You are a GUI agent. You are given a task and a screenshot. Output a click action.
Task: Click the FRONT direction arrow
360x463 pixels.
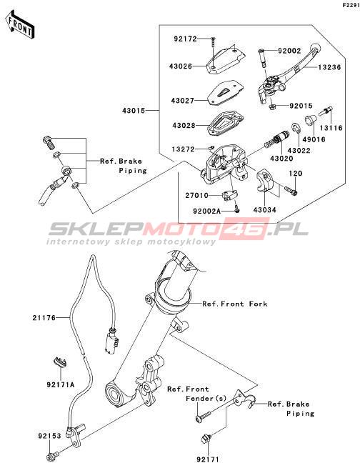[x=20, y=25]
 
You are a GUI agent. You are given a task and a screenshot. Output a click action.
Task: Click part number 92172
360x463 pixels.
[x=185, y=39]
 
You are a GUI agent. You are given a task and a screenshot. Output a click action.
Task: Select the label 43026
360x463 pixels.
[x=181, y=66]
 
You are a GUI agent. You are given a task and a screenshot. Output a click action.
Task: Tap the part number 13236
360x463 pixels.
[x=329, y=67]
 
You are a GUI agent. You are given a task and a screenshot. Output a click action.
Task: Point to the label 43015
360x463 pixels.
[x=134, y=111]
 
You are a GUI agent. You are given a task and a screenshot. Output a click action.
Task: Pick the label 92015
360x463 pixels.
[x=301, y=106]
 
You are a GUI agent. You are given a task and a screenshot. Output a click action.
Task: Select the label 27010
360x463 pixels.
[x=197, y=196]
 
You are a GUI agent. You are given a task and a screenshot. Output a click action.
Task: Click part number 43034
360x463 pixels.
[x=265, y=210]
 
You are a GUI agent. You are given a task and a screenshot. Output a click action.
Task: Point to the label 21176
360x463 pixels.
[x=44, y=318]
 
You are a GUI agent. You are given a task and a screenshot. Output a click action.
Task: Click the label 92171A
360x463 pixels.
[x=61, y=384]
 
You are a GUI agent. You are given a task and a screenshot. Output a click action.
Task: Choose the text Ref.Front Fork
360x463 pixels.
[x=235, y=304]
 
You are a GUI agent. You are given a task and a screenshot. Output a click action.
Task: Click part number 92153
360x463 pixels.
[x=49, y=436]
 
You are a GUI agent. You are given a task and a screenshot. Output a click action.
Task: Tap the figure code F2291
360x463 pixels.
[x=351, y=5]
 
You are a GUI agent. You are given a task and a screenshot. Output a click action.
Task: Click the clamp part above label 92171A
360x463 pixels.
[x=61, y=362]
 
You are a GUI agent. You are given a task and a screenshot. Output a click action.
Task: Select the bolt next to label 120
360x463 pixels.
[x=291, y=190]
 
